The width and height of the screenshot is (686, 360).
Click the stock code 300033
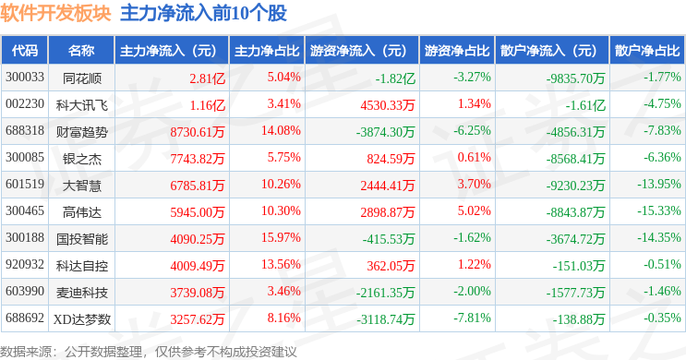click(25, 78)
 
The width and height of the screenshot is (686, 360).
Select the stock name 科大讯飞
click(82, 105)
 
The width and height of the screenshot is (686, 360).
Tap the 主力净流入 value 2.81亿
click(208, 78)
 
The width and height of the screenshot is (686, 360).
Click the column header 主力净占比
click(267, 51)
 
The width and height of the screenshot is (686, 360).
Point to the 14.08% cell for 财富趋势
click(281, 131)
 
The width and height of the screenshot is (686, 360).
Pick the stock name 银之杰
click(82, 159)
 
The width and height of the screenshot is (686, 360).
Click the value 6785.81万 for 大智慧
click(198, 186)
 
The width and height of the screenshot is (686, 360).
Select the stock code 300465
click(25, 211)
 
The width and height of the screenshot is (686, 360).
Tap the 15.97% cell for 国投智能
click(281, 238)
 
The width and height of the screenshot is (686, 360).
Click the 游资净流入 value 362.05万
click(391, 266)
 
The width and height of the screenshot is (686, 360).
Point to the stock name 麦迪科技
click(82, 293)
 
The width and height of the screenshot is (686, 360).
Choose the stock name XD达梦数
click(82, 319)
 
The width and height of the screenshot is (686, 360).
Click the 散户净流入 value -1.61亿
click(585, 105)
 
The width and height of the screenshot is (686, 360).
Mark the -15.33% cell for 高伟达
click(659, 211)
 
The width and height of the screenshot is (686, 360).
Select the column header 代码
click(25, 51)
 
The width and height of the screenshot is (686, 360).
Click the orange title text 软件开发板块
click(55, 13)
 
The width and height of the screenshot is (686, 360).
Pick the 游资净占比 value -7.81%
click(472, 318)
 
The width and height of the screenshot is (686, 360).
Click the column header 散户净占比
click(647, 51)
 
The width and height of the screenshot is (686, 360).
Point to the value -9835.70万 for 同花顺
click(575, 78)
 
